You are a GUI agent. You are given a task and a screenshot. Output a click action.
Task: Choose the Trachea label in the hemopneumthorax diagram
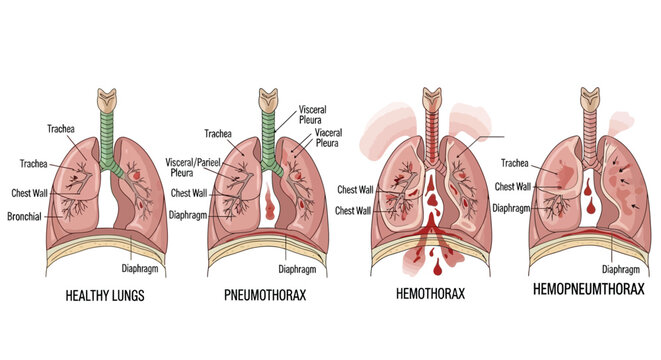click(x=514, y=161)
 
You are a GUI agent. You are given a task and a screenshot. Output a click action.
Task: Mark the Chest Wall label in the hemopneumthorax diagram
click(x=512, y=185)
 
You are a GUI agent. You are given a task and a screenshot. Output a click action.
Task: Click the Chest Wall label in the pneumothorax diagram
click(x=189, y=193)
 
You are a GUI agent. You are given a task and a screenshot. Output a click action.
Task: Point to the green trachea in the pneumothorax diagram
click(x=267, y=135)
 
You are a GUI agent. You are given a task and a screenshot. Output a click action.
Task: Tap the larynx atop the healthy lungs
click(x=107, y=99)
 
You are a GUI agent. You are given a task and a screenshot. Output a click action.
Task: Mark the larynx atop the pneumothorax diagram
click(x=267, y=99)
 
